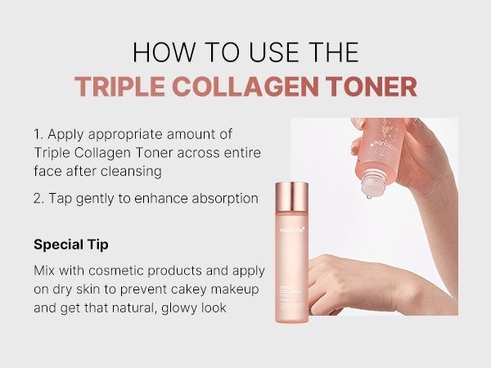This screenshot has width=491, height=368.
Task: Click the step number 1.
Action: (38, 132)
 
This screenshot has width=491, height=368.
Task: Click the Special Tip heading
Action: (70, 245)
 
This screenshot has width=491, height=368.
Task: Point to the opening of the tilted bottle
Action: (370, 190)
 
